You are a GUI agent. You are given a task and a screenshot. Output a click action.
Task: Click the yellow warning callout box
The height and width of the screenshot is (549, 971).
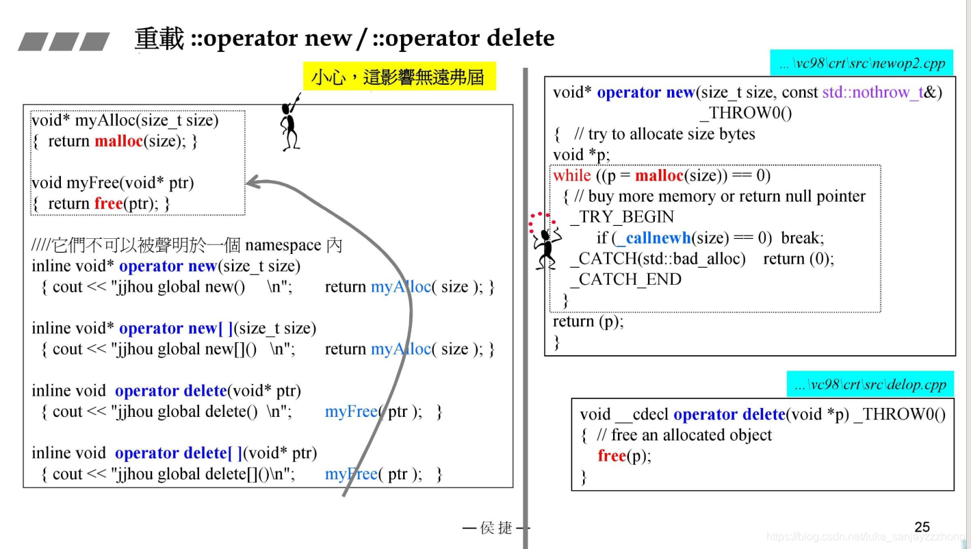coord(398,77)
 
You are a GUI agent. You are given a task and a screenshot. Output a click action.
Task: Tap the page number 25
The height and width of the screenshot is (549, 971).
coord(922,526)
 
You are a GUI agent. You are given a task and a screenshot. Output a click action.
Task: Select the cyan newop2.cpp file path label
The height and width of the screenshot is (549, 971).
coord(862,63)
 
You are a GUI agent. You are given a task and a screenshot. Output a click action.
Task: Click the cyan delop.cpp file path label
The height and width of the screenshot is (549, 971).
coord(870,385)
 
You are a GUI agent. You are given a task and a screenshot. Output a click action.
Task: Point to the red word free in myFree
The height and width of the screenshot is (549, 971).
coord(109,203)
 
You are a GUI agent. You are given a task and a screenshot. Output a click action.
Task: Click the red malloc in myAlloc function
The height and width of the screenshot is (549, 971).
coord(119,141)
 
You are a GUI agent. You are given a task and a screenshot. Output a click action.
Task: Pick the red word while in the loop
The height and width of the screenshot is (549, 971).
coord(572,176)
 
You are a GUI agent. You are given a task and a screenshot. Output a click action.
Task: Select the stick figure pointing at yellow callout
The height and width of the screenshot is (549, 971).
coord(291,126)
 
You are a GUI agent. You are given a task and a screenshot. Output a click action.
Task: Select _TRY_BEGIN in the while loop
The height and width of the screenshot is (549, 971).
coord(622,217)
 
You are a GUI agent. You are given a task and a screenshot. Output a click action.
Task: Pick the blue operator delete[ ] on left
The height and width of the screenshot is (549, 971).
coord(179,453)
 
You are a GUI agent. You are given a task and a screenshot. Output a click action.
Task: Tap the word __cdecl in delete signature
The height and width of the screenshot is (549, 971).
coord(642,414)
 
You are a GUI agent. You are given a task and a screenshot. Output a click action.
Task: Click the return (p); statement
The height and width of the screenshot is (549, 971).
coord(588,321)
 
